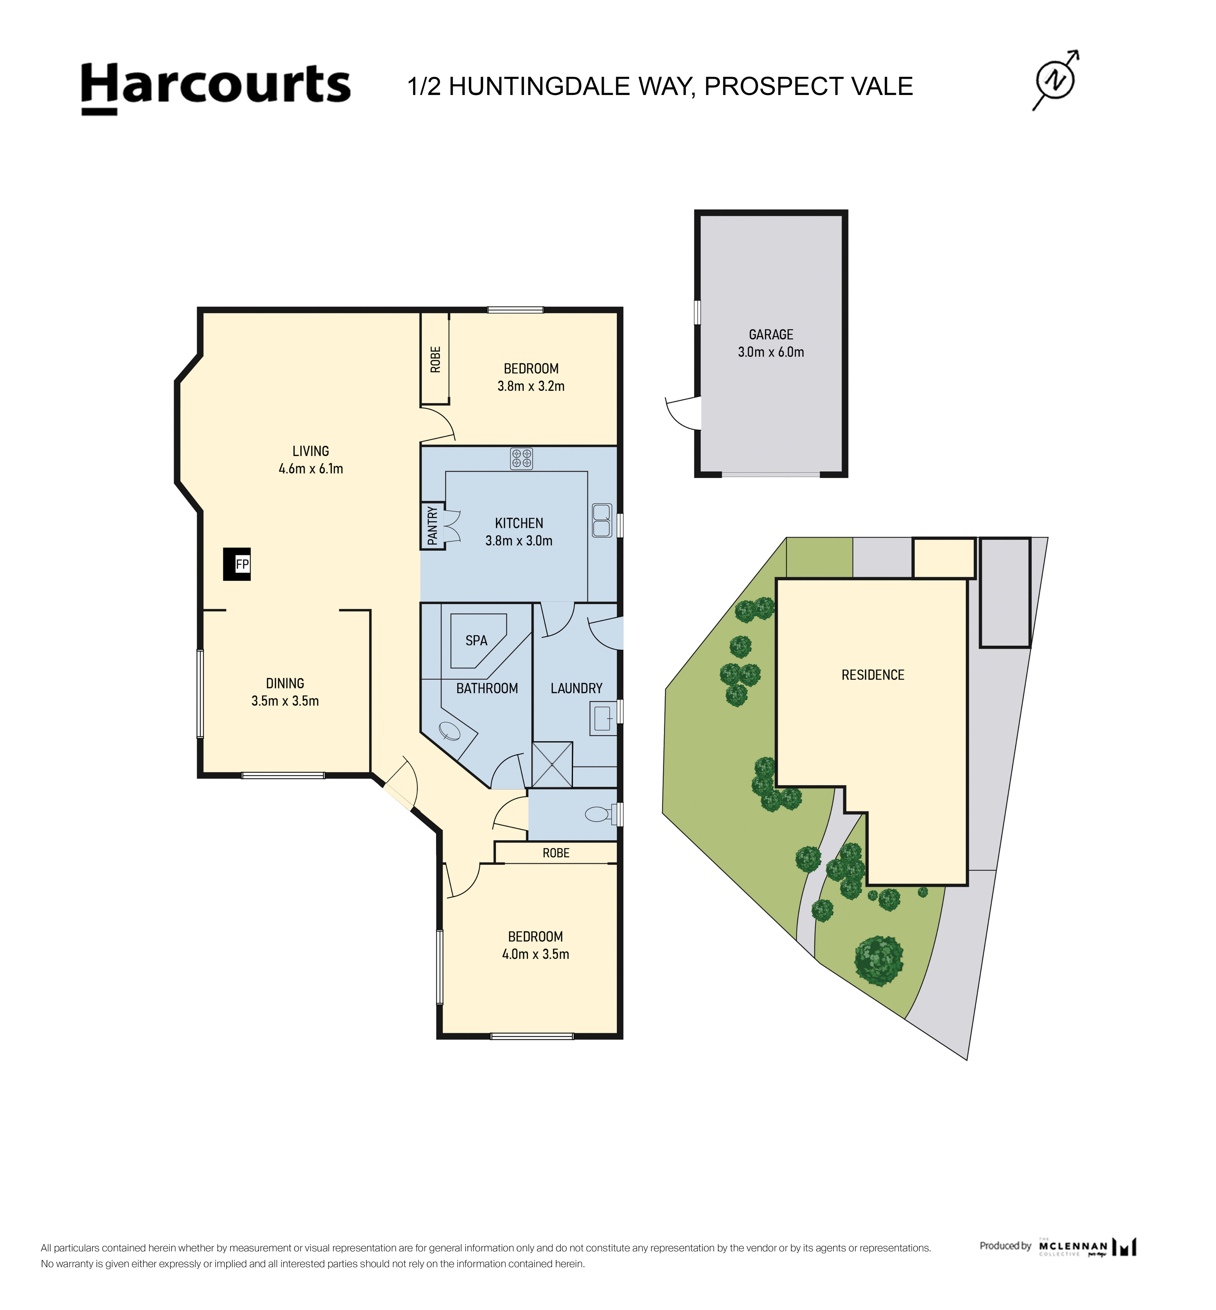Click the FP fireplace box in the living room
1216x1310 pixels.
[237, 564]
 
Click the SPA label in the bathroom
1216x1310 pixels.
[476, 640]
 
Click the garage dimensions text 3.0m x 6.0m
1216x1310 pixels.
[771, 352]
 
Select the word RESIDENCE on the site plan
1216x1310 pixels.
[872, 675]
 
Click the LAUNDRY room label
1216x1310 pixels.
[577, 688]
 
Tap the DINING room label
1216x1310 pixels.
[285, 684]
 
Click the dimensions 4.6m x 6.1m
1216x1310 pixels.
[311, 469]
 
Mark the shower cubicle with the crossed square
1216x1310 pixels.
[552, 764]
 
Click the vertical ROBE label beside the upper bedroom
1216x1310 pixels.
[435, 359]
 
